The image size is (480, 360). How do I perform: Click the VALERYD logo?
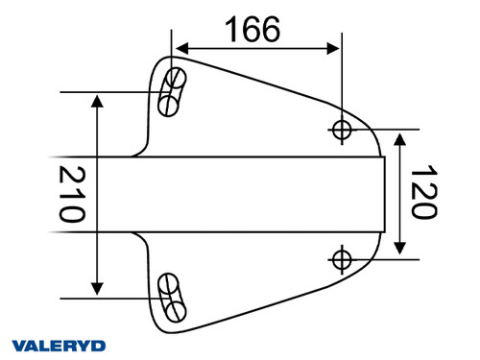(x=59, y=345)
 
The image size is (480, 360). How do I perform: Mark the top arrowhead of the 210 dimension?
(x=97, y=100)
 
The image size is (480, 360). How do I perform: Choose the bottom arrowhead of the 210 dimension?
(x=97, y=287)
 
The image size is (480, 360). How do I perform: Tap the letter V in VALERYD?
(x=19, y=345)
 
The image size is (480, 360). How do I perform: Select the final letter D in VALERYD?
(x=99, y=345)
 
